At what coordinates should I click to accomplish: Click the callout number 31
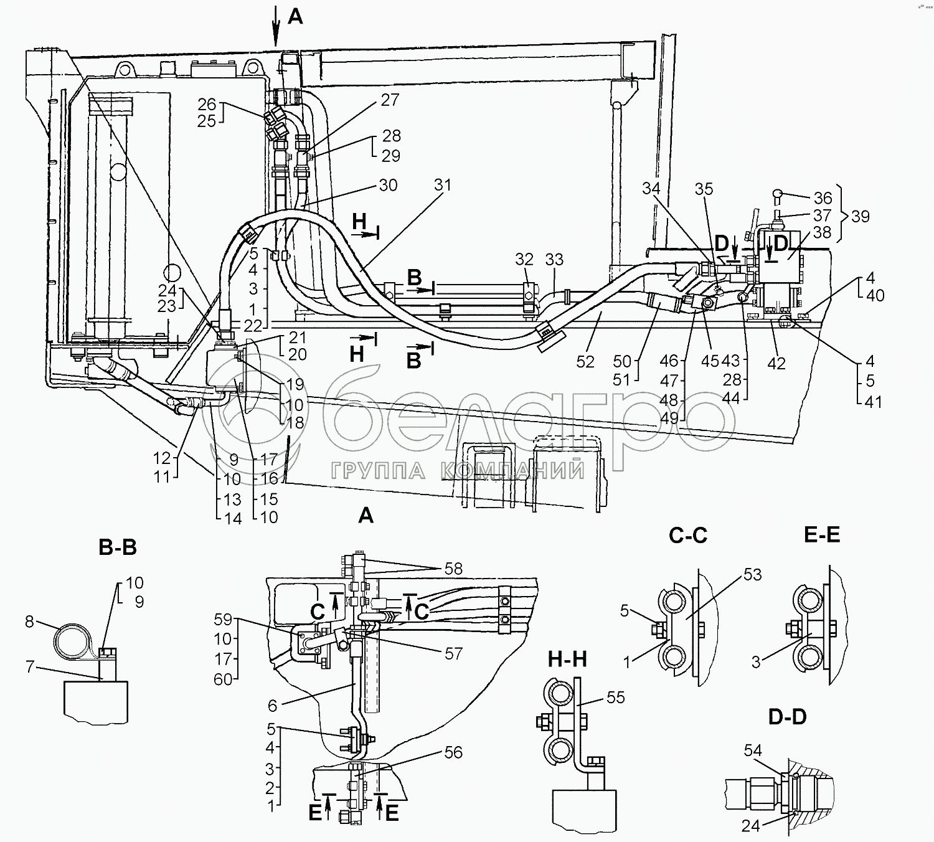(442, 186)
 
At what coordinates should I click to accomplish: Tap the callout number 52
(585, 361)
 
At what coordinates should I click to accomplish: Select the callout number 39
(861, 216)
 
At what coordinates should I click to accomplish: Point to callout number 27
(389, 100)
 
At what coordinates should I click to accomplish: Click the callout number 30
(387, 186)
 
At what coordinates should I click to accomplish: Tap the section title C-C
(688, 534)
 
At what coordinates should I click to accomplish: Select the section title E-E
(822, 534)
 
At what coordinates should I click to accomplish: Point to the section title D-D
(787, 717)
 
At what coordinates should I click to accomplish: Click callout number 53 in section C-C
(752, 574)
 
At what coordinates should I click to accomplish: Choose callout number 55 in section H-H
(615, 698)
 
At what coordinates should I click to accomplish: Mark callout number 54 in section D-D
(753, 751)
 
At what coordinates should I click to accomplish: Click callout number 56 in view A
(453, 752)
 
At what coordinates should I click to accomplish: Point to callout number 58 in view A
(453, 569)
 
